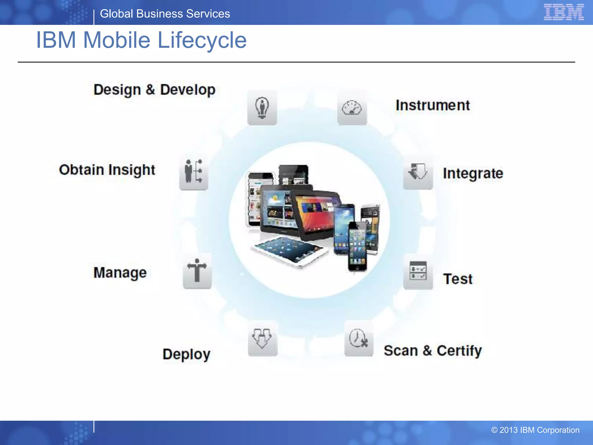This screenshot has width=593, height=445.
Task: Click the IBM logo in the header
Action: [563, 12]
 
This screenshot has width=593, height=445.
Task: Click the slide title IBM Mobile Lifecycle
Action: [141, 40]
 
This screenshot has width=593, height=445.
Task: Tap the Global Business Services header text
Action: [165, 14]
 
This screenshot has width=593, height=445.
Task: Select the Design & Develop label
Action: [154, 90]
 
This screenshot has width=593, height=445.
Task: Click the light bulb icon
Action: [262, 107]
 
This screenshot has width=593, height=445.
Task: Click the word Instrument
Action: [433, 105]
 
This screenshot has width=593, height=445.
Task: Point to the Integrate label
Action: [473, 173]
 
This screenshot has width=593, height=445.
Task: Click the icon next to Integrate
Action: [418, 172]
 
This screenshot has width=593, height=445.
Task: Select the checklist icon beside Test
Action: [418, 271]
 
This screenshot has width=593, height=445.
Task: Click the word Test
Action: [458, 279]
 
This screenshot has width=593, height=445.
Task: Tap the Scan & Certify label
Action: [433, 351]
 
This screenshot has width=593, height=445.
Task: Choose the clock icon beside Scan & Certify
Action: [358, 338]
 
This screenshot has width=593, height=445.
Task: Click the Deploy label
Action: [186, 354]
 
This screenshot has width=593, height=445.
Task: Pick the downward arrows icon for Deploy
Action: [262, 338]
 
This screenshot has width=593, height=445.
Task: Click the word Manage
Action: [120, 273]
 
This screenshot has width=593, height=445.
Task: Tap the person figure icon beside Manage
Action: [197, 271]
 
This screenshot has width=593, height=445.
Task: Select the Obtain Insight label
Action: [107, 170]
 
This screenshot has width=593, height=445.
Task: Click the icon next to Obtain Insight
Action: [193, 172]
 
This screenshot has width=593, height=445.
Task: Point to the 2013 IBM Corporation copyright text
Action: [535, 430]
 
